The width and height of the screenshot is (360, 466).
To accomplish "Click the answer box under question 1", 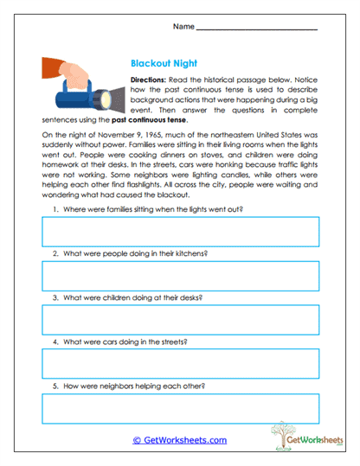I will [180, 232].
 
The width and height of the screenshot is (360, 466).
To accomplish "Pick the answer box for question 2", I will [180, 276].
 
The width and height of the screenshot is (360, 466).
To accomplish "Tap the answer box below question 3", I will [180, 320].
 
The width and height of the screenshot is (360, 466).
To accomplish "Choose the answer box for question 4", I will [180, 364].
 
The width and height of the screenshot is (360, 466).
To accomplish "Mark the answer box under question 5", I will [180, 408].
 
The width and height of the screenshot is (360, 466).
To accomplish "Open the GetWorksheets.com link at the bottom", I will [180, 440].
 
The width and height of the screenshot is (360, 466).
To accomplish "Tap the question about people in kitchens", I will [134, 254].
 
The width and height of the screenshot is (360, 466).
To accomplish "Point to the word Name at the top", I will [183, 27].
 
